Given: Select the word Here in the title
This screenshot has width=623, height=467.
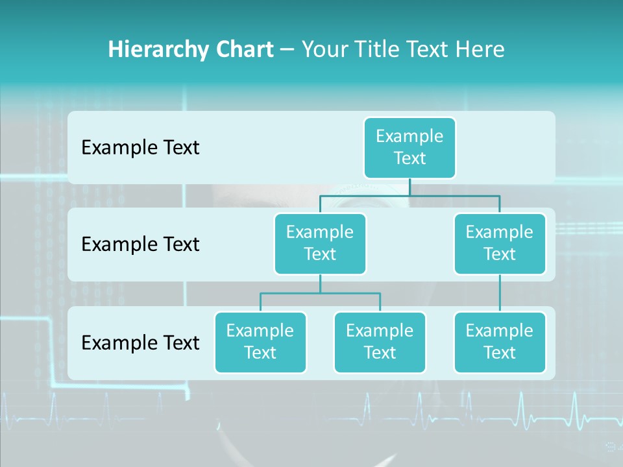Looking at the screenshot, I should (480, 49).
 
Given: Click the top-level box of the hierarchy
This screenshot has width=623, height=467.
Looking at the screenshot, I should (409, 147).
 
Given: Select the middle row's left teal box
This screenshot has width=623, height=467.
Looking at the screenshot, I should (320, 243).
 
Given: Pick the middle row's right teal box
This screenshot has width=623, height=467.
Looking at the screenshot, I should (500, 243).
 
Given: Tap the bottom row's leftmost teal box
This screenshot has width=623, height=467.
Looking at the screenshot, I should (260, 342).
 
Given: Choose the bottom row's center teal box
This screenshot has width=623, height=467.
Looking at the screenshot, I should (380, 342).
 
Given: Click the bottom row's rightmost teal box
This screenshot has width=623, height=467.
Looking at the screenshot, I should (500, 342).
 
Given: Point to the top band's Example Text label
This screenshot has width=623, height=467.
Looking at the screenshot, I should (140, 147).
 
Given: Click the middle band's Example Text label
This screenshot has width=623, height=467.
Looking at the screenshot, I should (140, 244).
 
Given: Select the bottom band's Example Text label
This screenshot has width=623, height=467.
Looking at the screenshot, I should (140, 342).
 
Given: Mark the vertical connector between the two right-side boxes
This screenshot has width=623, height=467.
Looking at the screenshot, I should (500, 293).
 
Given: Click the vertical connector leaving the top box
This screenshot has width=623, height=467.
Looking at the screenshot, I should (409, 186).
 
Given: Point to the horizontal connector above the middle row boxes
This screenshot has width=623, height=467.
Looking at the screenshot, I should (409, 195).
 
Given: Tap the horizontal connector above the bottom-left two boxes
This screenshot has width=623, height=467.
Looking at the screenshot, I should (320, 293).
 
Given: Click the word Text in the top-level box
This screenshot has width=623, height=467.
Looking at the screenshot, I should (409, 158).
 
